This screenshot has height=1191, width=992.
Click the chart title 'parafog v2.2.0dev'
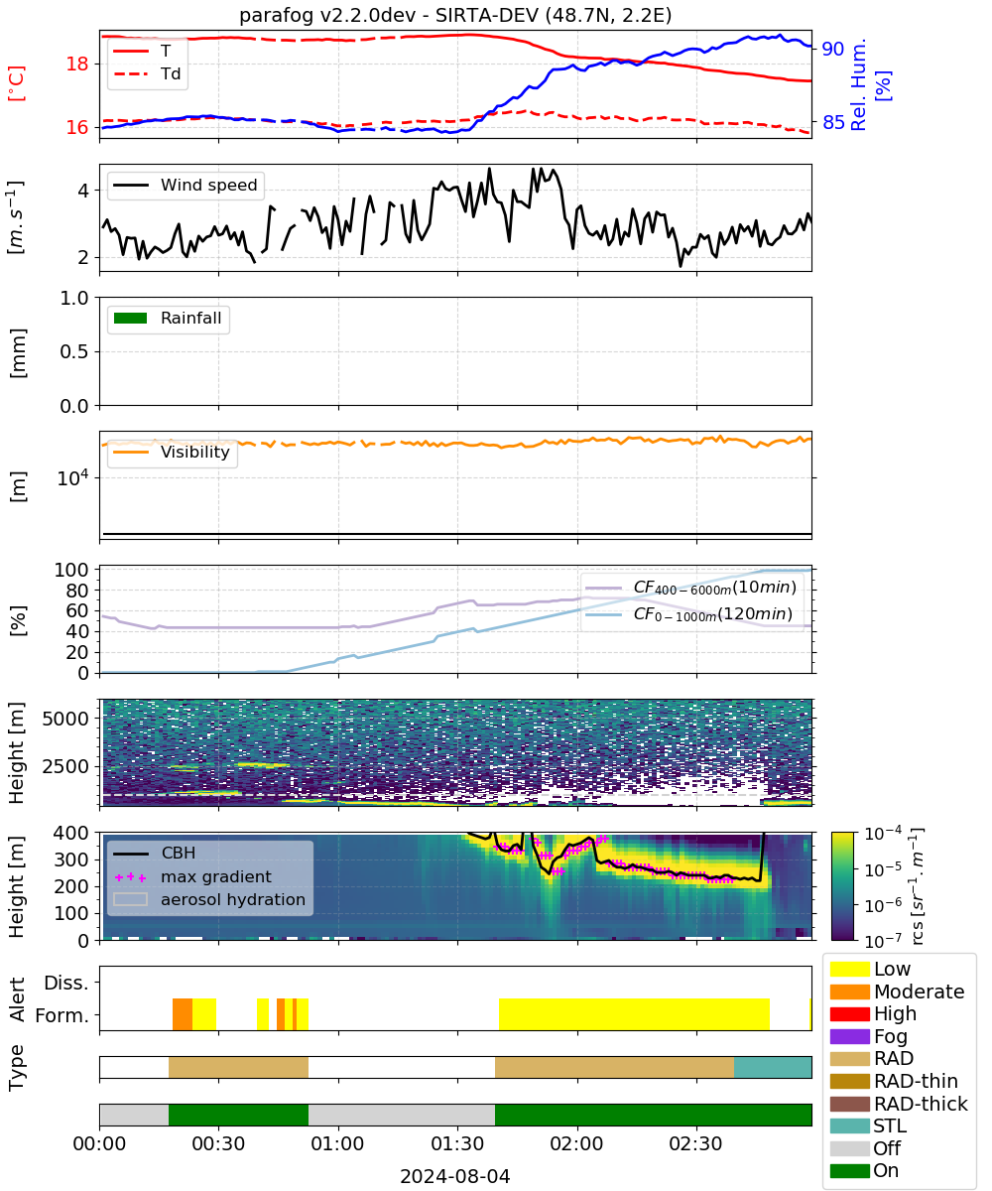click(x=327, y=15)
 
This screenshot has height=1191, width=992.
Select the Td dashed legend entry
click(x=147, y=74)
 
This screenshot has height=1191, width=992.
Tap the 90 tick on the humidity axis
click(x=832, y=49)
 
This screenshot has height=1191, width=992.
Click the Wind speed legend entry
click(x=186, y=185)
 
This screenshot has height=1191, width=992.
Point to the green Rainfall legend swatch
click(x=131, y=319)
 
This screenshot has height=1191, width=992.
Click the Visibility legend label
click(x=195, y=452)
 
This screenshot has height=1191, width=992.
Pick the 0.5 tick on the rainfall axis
click(x=74, y=351)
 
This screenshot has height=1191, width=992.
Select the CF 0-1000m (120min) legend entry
click(x=688, y=613)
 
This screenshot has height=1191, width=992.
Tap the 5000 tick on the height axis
click(x=65, y=719)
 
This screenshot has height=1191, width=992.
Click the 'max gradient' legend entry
click(x=192, y=876)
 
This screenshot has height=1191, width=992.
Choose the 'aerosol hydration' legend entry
click(x=209, y=899)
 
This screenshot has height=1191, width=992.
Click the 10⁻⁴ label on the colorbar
click(x=883, y=834)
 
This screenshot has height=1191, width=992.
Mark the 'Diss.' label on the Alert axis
click(x=66, y=983)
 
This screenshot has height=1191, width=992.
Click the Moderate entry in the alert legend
click(x=897, y=992)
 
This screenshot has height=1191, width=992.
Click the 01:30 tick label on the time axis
click(x=456, y=1143)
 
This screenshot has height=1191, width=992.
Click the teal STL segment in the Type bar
click(x=773, y=1067)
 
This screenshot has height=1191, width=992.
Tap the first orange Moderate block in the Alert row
click(x=183, y=1014)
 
